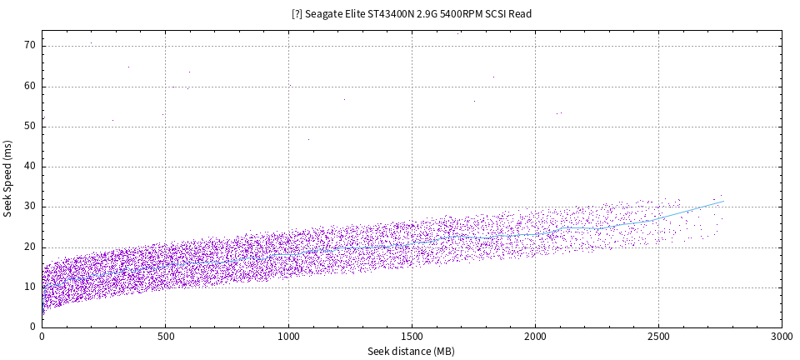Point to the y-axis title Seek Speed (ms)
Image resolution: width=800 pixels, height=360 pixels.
pyautogui.click(x=7, y=178)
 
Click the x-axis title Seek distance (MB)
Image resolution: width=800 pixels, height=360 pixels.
pyautogui.click(x=411, y=352)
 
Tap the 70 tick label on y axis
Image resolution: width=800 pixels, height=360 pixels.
pyautogui.click(x=30, y=45)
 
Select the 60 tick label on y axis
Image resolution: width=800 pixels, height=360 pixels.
pyautogui.click(x=30, y=86)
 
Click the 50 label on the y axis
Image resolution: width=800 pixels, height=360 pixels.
pyautogui.click(x=30, y=126)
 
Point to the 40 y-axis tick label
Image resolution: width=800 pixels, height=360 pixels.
pyautogui.click(x=30, y=166)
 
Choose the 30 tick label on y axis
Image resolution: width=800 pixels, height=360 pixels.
pyautogui.click(x=30, y=206)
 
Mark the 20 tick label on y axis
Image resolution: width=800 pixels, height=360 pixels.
pyautogui.click(x=30, y=247)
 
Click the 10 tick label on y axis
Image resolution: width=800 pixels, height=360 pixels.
pyautogui.click(x=30, y=287)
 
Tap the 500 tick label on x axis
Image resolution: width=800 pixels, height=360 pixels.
pyautogui.click(x=165, y=337)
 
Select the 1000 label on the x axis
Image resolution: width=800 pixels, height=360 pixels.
pyautogui.click(x=288, y=337)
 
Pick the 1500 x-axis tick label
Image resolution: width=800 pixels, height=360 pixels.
pyautogui.click(x=412, y=337)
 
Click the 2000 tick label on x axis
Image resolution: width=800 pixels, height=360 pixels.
pyautogui.click(x=535, y=337)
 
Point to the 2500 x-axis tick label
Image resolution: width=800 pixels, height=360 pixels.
pyautogui.click(x=658, y=337)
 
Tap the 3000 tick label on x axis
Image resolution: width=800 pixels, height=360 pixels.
pyautogui.click(x=782, y=337)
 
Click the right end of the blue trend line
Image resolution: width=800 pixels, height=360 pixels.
pyautogui.click(x=723, y=201)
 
